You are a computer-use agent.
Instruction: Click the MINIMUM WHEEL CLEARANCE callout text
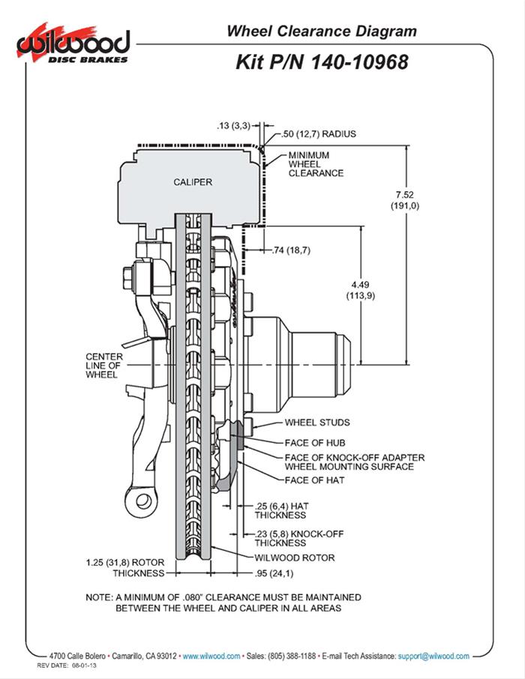tap(316, 164)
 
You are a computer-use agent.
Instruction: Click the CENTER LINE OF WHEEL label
tap(101, 365)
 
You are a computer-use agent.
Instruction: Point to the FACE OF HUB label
tap(314, 442)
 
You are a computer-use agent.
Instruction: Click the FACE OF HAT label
tap(314, 480)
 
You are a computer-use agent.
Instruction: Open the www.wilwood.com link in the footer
tap(211, 655)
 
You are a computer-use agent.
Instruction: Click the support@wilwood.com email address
tap(433, 655)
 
